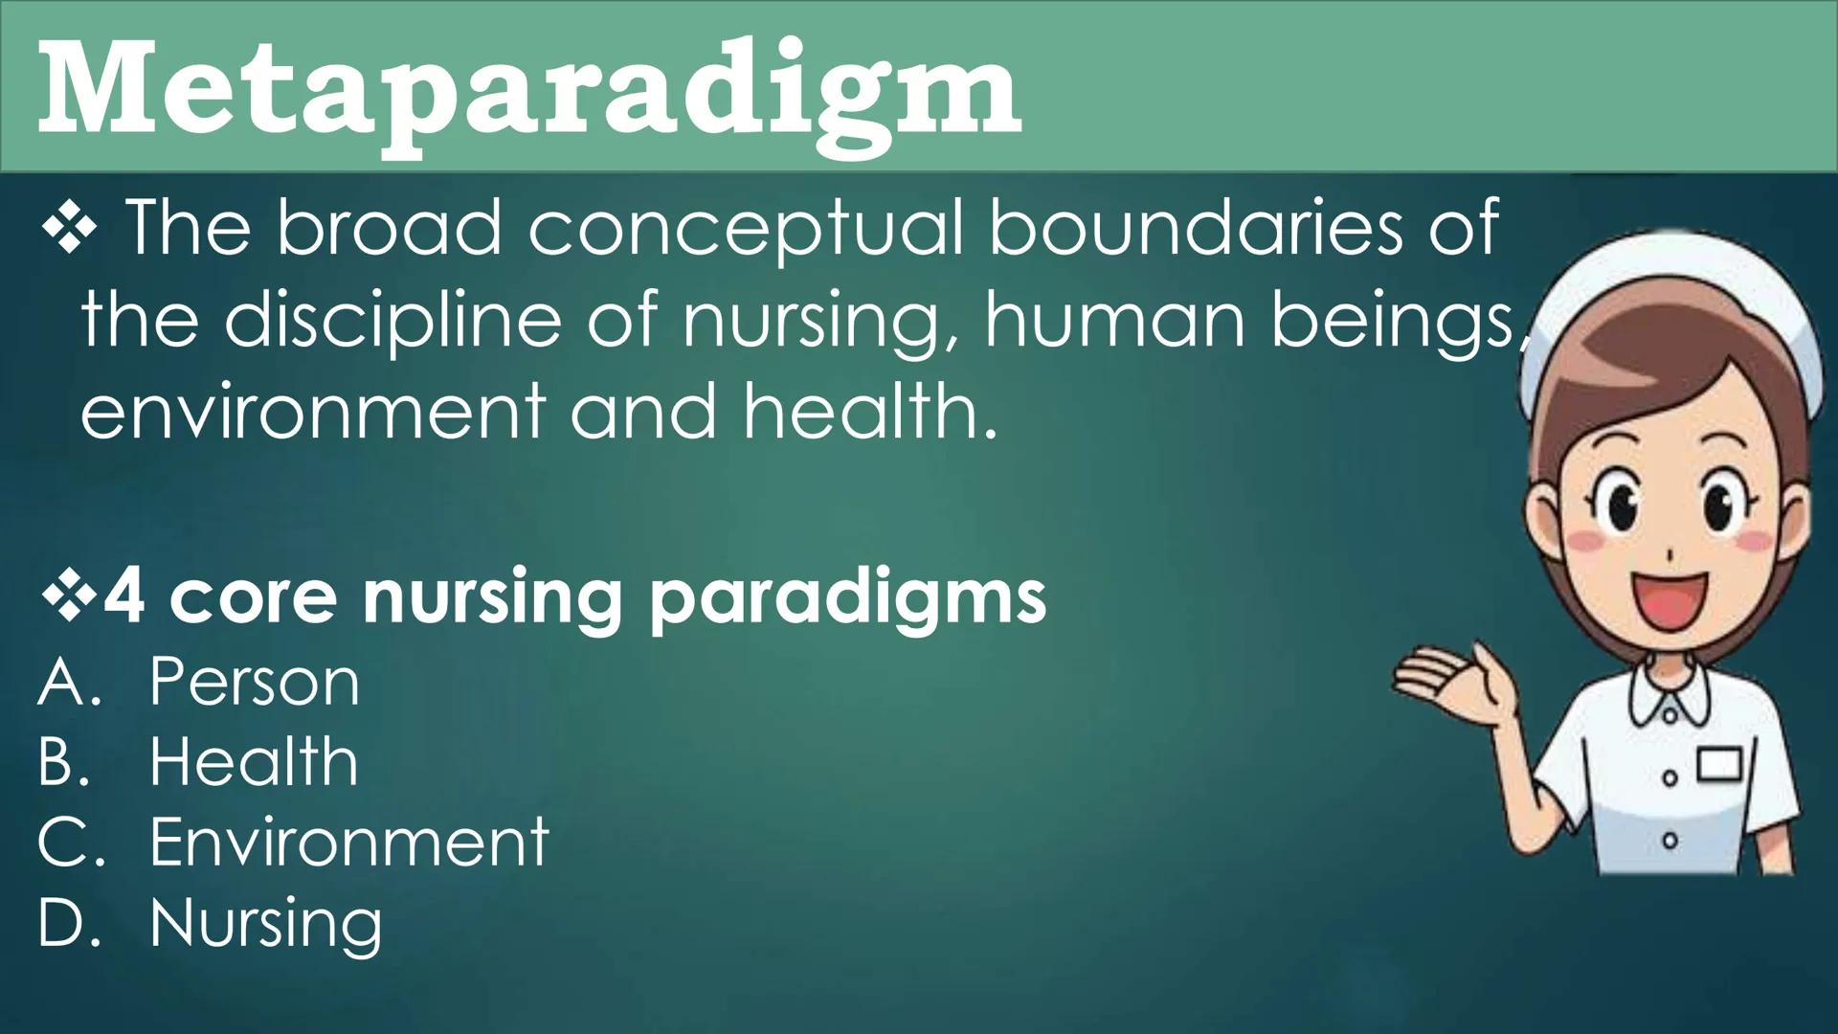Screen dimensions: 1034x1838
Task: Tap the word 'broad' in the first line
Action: pyautogui.click(x=389, y=229)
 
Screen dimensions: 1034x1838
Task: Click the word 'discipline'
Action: pyautogui.click(x=392, y=321)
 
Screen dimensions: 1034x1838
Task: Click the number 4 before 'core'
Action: pyautogui.click(x=124, y=596)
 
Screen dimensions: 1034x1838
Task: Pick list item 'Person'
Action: pyautogui.click(x=255, y=683)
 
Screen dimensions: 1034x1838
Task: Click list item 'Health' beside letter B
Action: pyautogui.click(x=254, y=763)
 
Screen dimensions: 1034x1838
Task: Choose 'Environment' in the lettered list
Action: pyautogui.click(x=349, y=843)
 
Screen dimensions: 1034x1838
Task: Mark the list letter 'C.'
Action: pyautogui.click(x=69, y=843)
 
